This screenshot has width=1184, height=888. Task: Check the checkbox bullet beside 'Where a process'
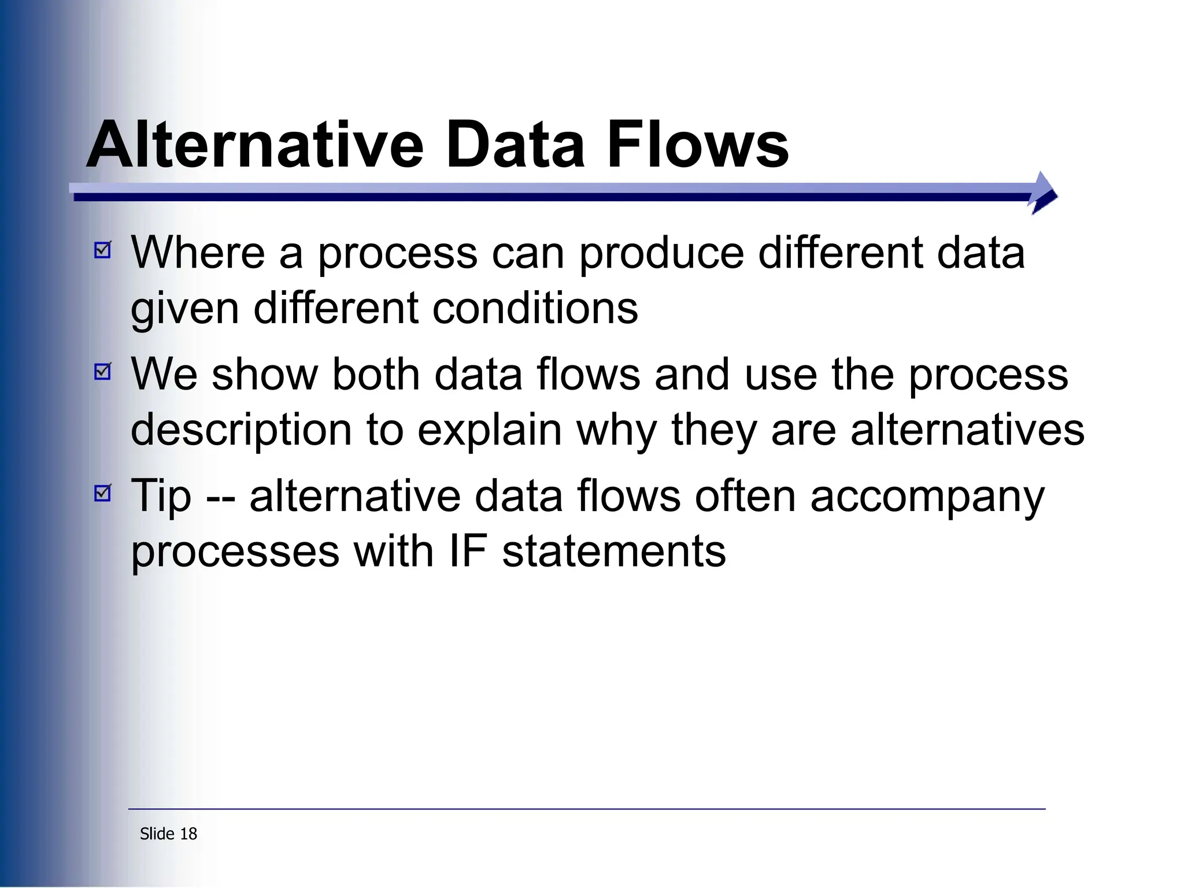tap(102, 250)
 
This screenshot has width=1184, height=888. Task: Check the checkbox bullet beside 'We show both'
tap(102, 371)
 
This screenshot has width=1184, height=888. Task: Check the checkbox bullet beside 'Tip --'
tap(102, 493)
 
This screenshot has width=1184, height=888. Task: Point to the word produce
tap(661, 254)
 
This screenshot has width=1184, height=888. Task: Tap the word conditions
tap(535, 308)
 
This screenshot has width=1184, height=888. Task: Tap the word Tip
tap(161, 497)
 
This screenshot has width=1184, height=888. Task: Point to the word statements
tap(613, 552)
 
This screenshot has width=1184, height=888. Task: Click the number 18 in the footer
tap(188, 834)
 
